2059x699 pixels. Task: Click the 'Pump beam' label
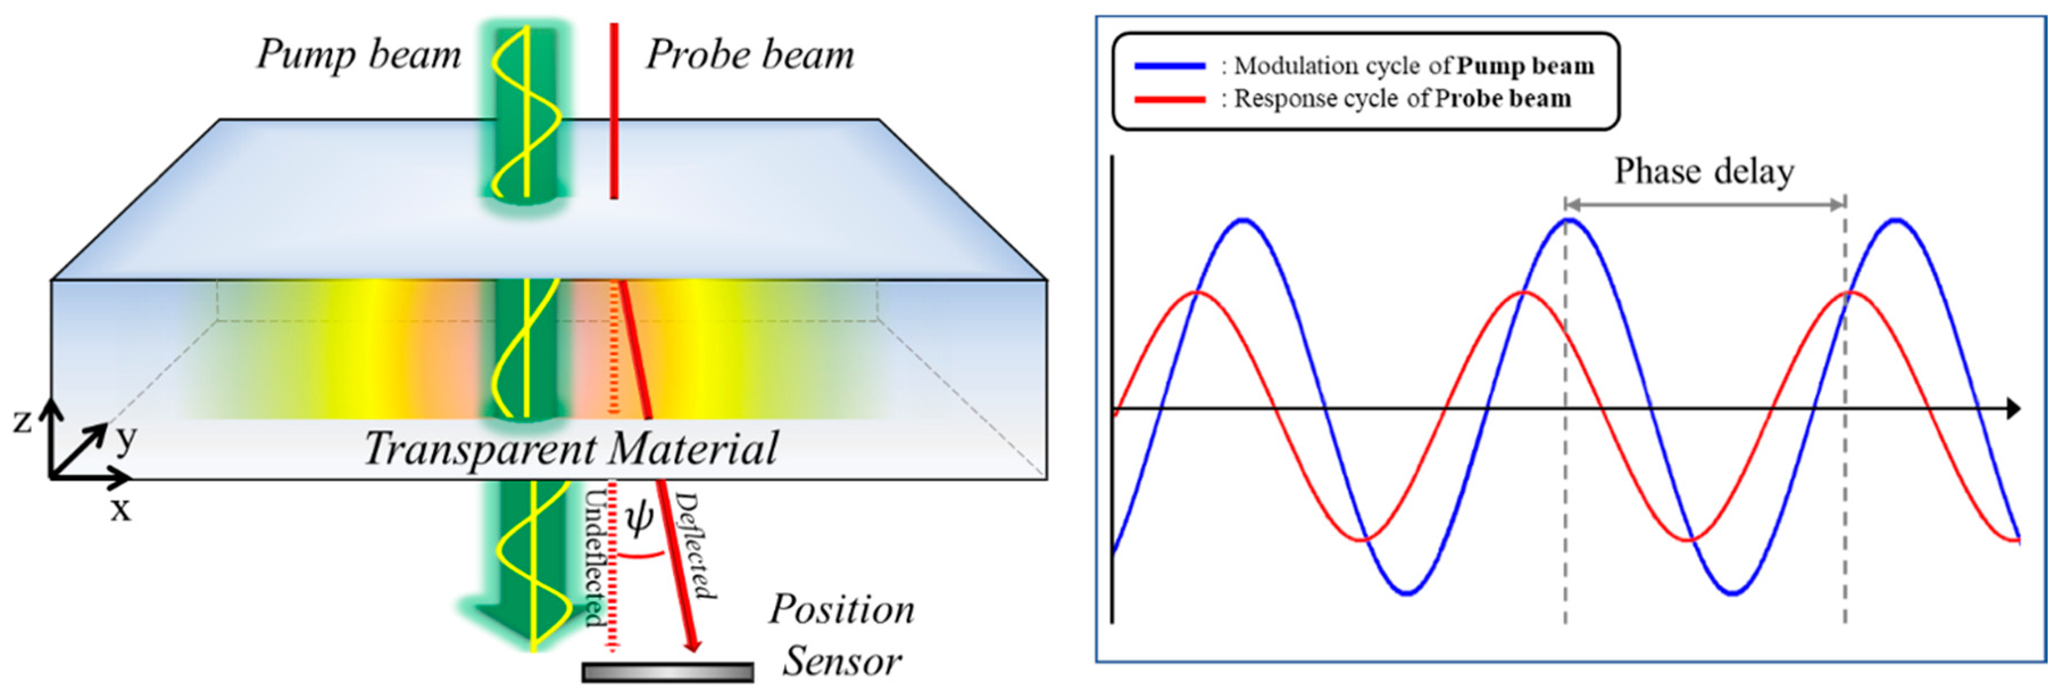[359, 55]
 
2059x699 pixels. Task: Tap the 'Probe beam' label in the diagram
[750, 55]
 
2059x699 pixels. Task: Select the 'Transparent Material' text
[571, 448]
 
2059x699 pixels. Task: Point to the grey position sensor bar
[667, 673]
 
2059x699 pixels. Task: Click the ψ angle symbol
[639, 518]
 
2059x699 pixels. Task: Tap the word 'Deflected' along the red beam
[694, 545]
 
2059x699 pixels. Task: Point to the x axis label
[120, 508]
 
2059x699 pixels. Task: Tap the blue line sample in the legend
[1170, 66]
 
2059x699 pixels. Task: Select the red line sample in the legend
[1170, 99]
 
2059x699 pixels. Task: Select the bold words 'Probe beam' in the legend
[1503, 98]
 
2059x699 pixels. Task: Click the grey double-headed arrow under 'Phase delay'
[1705, 205]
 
